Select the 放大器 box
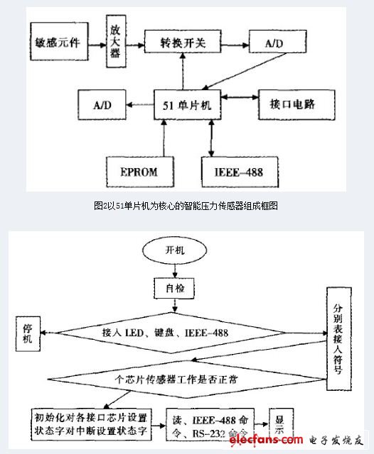tap(114, 43)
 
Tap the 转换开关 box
tap(182, 43)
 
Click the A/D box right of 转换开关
tap(273, 43)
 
